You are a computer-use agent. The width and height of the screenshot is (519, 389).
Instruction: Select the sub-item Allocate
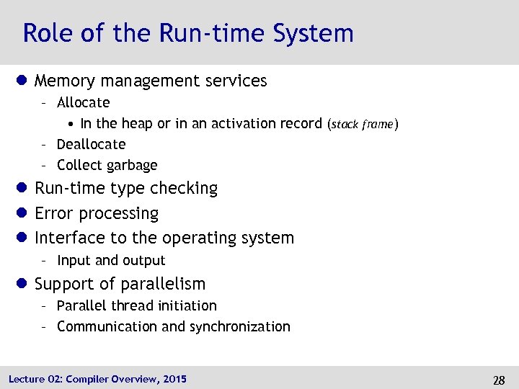click(83, 102)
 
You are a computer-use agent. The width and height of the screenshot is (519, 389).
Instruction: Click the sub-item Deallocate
click(91, 144)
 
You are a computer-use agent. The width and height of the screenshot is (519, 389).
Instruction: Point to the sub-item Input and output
click(111, 260)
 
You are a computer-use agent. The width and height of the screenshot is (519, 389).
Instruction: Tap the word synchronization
click(239, 326)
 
